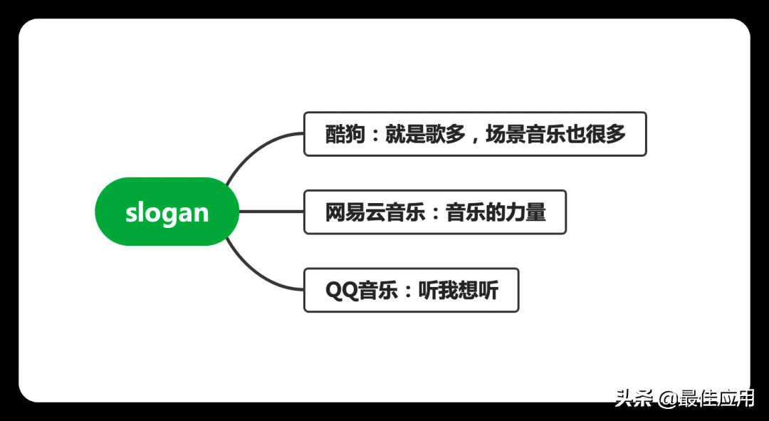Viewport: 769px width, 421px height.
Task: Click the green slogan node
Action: coord(167,212)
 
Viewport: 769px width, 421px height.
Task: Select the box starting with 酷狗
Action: coord(475,134)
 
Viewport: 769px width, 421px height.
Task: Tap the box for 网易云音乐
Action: coord(435,212)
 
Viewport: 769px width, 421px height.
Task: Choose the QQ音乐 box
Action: coord(411,290)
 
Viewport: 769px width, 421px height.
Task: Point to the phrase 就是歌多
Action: coord(426,135)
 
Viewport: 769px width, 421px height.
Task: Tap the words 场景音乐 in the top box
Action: coord(526,135)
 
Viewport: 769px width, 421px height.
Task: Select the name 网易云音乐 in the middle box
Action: coord(375,212)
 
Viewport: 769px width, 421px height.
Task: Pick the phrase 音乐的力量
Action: coord(496,212)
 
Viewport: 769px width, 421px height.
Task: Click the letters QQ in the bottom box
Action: coord(342,291)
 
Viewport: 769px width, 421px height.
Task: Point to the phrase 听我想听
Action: coord(459,291)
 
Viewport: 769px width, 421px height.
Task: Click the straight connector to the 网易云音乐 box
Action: coord(271,212)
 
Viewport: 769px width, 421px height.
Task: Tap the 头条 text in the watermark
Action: coord(634,398)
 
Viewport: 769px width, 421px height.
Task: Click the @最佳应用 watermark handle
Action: coord(706,398)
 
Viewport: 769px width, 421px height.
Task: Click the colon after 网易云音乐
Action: coord(436,213)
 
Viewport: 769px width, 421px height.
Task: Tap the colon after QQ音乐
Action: coord(408,291)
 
